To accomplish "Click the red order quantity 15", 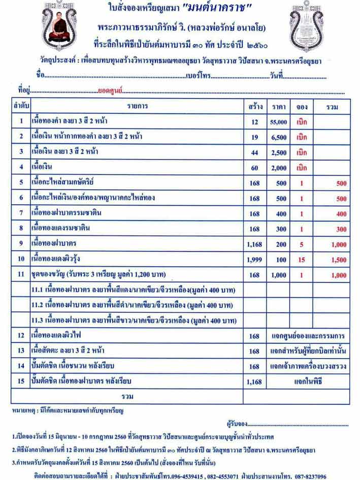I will point(302,260).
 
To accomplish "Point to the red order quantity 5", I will point(302,244).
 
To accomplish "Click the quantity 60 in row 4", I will point(254,167).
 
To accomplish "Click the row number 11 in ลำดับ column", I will point(21,275).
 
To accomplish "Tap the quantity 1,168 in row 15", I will point(254,381).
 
